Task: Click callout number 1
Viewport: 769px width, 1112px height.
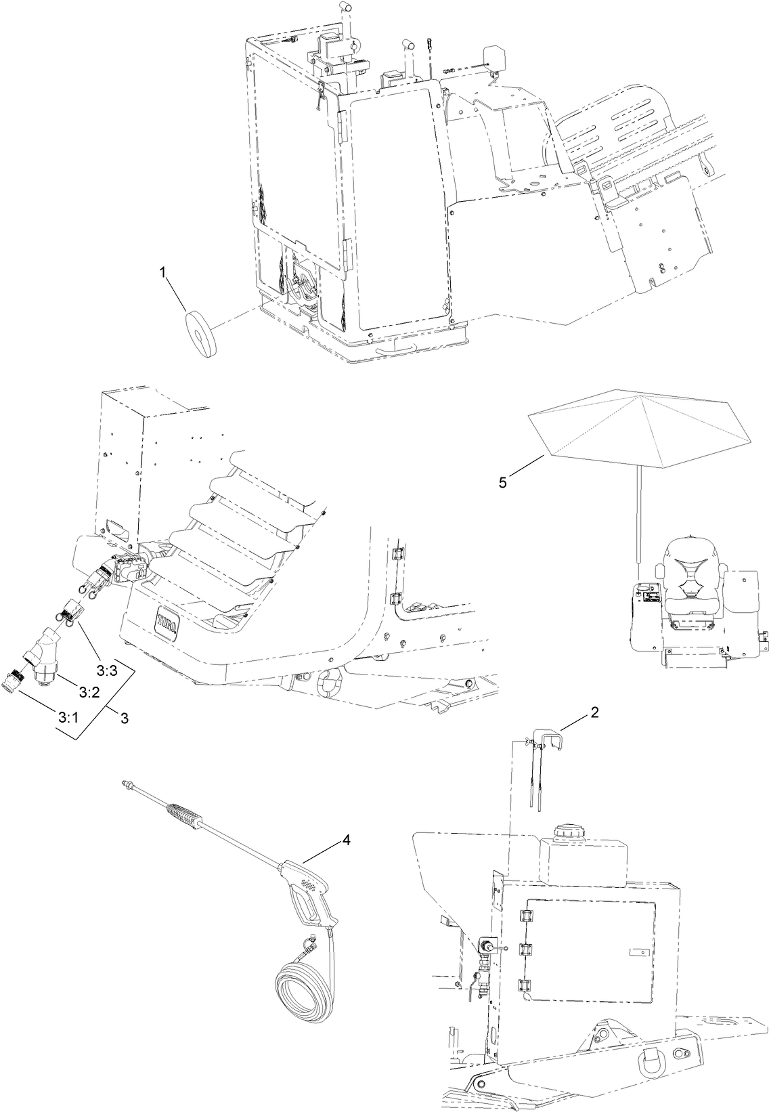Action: click(162, 272)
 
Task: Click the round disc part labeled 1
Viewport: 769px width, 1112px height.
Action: click(198, 328)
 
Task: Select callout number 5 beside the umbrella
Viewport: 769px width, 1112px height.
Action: click(502, 483)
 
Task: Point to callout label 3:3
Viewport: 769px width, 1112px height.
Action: click(106, 670)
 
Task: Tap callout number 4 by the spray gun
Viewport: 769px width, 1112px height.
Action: click(346, 840)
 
